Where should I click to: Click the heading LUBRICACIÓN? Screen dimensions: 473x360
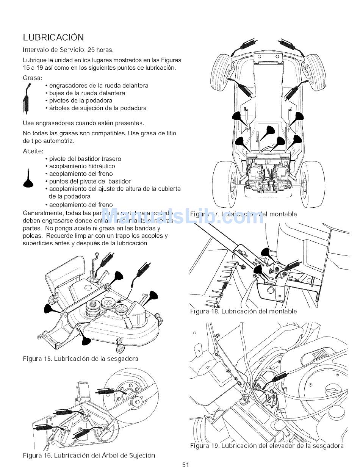[53, 38]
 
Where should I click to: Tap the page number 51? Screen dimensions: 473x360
[185, 465]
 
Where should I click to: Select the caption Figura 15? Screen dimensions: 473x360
[80, 359]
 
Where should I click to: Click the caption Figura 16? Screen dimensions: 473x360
[89, 455]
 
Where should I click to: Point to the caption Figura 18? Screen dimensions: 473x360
[243, 311]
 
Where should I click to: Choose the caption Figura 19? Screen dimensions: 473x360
[267, 446]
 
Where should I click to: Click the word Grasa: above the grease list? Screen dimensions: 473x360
[32, 78]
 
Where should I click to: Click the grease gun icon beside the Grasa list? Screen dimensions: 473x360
[26, 99]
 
